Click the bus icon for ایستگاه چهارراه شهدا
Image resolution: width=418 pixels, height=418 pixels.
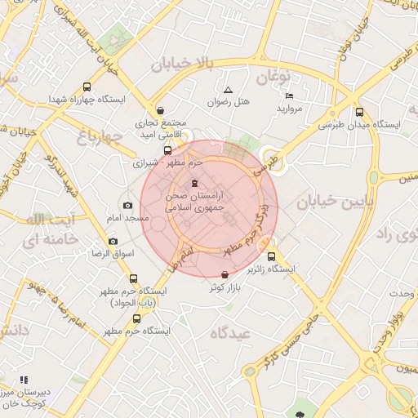(x=87, y=87)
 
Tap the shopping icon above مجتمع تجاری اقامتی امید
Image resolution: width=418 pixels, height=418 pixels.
(x=160, y=109)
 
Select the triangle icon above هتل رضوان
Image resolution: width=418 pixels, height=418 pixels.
(x=228, y=89)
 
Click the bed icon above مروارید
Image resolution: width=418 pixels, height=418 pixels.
(x=290, y=96)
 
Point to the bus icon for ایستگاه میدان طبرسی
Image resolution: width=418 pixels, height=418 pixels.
(x=360, y=113)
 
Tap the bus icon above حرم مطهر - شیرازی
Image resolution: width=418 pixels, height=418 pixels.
(x=168, y=150)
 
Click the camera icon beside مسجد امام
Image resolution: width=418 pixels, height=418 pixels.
(x=127, y=205)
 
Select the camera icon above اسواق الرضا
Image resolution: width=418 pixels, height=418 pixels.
(x=113, y=241)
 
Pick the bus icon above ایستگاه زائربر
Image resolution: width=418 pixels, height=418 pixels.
(x=272, y=256)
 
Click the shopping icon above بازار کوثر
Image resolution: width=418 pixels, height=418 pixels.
(x=225, y=275)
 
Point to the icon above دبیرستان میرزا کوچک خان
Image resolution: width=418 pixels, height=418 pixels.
(x=24, y=380)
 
